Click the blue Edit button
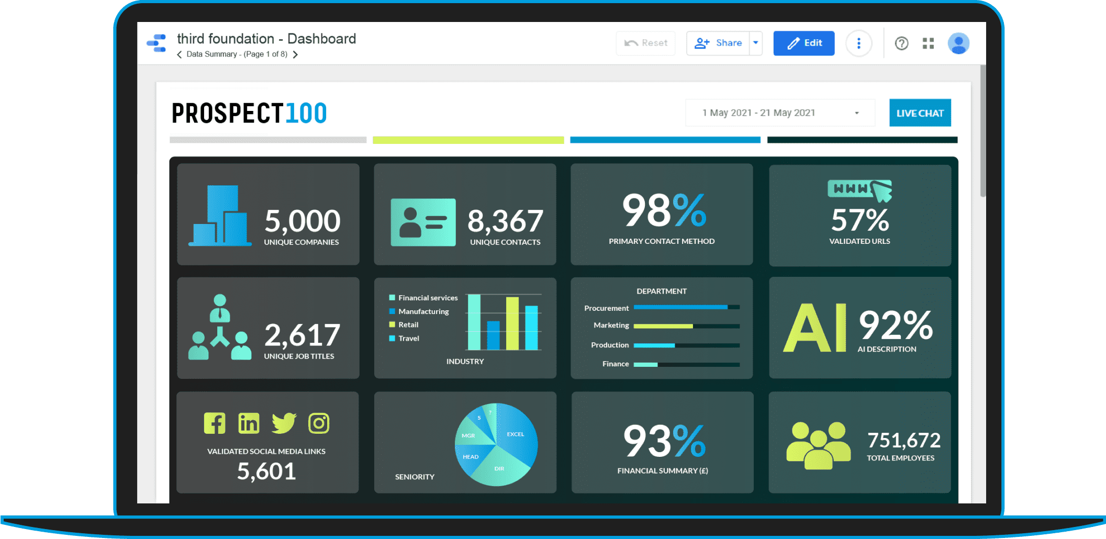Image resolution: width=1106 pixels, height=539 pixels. [803, 43]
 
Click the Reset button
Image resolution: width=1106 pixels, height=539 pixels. [645, 43]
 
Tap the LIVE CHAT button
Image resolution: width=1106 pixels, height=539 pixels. [920, 113]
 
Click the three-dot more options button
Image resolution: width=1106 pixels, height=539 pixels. [858, 43]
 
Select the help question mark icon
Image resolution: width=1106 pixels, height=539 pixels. [901, 43]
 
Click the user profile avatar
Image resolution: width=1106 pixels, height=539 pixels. [958, 43]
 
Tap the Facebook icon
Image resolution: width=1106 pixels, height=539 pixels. [215, 423]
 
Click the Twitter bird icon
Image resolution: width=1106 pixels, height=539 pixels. [284, 423]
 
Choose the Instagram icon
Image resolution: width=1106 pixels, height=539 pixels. [319, 423]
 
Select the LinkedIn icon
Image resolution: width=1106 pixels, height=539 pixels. [249, 423]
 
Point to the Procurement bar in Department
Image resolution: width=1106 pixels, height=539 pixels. [680, 307]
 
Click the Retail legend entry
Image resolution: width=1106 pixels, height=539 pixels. [408, 325]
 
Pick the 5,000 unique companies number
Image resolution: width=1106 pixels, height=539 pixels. [303, 221]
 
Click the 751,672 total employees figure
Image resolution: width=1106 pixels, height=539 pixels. [903, 441]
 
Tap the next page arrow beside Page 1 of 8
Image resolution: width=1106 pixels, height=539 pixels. [296, 54]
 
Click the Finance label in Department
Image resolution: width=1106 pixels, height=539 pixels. [616, 364]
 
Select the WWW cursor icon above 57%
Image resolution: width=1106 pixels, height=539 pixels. [859, 190]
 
